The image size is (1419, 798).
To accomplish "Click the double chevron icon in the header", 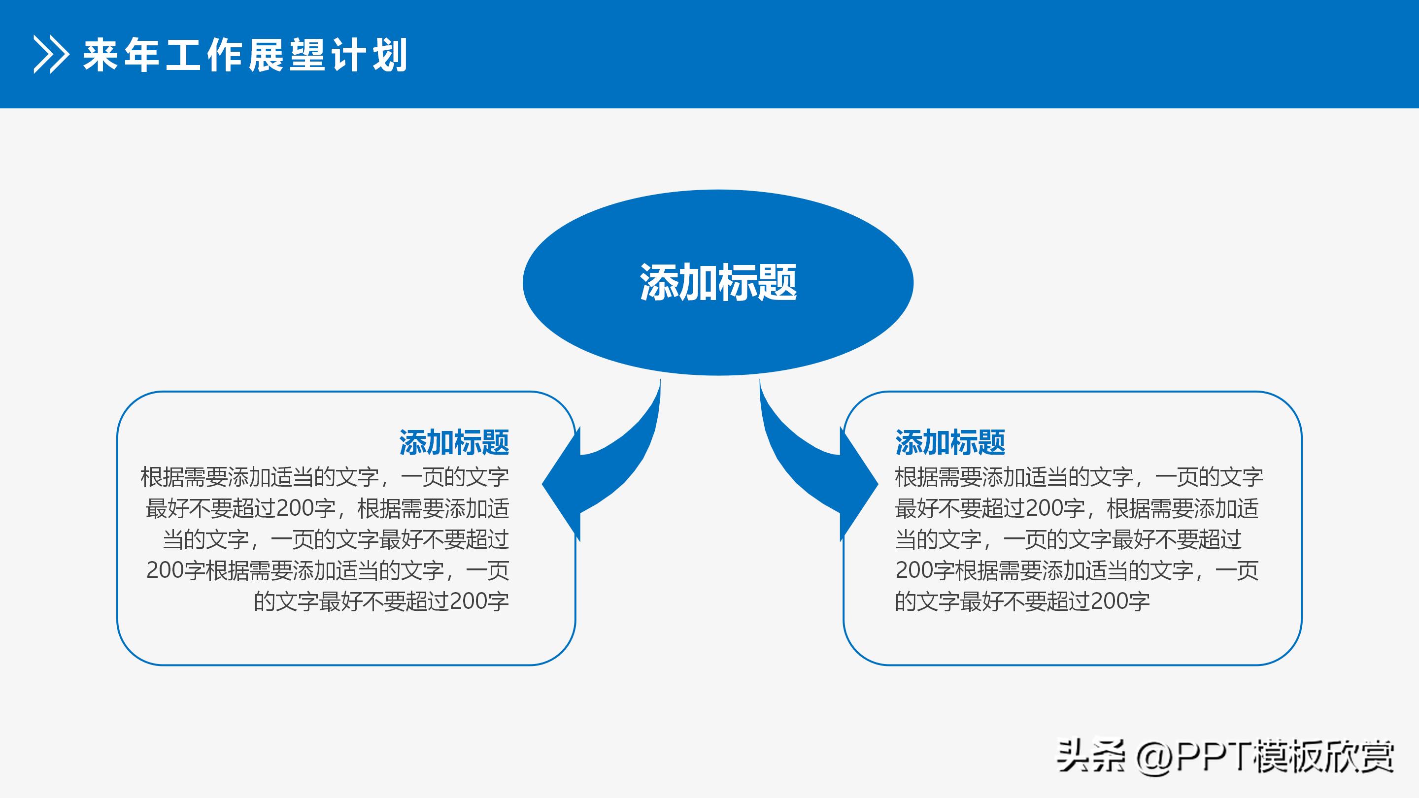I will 51,55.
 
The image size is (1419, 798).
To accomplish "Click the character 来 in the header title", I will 101,55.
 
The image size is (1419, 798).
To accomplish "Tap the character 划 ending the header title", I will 390,55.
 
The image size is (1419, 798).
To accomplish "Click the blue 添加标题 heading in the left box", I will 454,442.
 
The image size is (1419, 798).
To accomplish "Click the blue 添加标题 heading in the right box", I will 949,442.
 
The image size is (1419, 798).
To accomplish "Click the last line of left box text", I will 381,601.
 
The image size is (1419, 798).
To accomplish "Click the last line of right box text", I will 1022,601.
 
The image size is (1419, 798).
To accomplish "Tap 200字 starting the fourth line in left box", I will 175,570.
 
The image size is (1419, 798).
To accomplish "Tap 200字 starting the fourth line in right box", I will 925,570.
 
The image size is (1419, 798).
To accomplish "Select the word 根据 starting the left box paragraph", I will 162,477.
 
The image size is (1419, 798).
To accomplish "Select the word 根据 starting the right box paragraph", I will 916,477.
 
